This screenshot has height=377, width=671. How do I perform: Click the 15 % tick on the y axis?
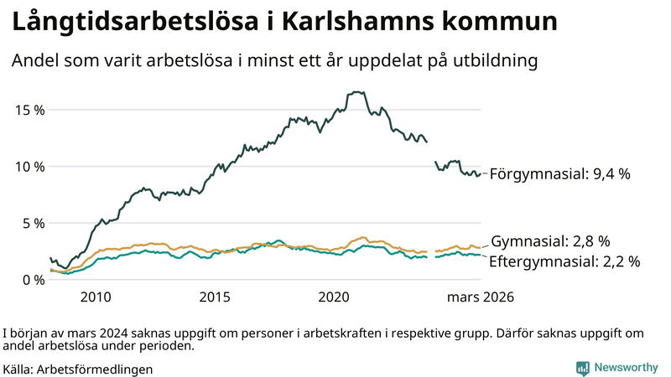pyautogui.click(x=29, y=110)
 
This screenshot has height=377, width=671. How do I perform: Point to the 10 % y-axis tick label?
pyautogui.click(x=29, y=167)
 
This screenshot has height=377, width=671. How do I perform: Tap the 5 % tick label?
pyautogui.click(x=32, y=223)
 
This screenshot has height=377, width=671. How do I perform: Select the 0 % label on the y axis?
pyautogui.click(x=32, y=280)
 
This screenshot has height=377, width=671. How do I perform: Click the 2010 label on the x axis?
pyautogui.click(x=96, y=297)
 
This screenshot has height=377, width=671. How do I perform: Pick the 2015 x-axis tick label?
pyautogui.click(x=215, y=297)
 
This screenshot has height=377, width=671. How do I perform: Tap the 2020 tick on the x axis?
pyautogui.click(x=334, y=297)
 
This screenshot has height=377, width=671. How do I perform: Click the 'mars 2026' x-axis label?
pyautogui.click(x=481, y=297)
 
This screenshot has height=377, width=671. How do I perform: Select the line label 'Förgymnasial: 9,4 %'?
pyautogui.click(x=559, y=174)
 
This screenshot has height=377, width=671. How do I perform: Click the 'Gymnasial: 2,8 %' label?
pyautogui.click(x=550, y=240)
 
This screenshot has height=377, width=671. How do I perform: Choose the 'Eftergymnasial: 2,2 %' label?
pyautogui.click(x=564, y=261)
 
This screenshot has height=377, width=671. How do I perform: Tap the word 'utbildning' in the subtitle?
pyautogui.click(x=496, y=61)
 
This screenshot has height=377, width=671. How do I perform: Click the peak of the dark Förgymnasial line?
pyautogui.click(x=356, y=92)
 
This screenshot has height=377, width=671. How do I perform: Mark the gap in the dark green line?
pyautogui.click(x=431, y=152)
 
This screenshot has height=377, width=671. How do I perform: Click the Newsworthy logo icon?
pyautogui.click(x=582, y=367)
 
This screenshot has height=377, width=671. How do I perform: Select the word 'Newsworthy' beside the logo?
pyautogui.click(x=626, y=367)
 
